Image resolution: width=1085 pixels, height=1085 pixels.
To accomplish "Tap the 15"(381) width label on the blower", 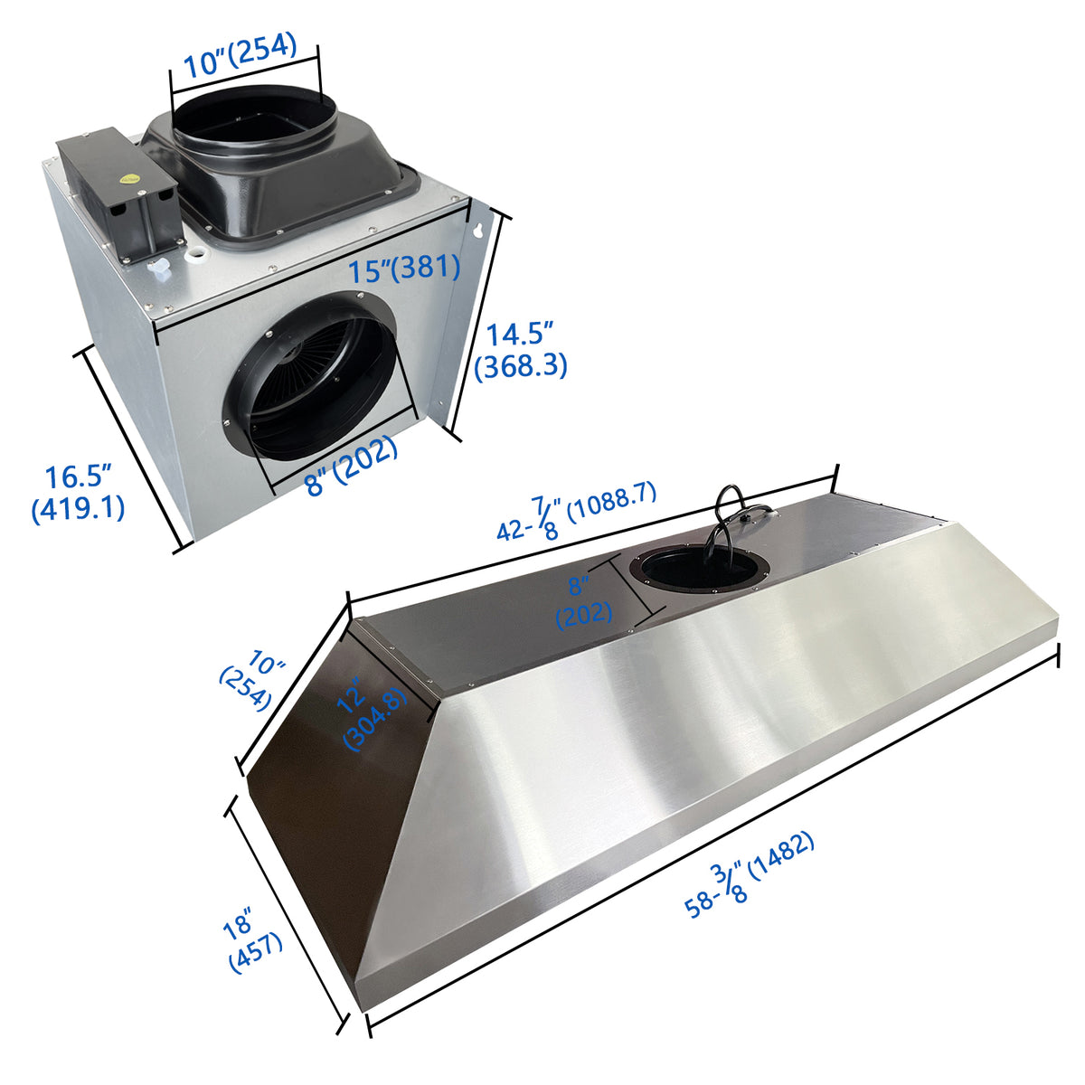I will pos(404,268).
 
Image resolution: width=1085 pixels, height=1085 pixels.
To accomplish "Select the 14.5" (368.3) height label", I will pos(520,350).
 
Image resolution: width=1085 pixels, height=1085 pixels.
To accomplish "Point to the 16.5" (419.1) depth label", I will pos(78,493).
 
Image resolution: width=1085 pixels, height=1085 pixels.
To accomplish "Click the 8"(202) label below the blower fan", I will pos(352,464).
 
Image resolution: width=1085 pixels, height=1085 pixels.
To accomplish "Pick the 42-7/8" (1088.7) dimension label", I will pos(577,512).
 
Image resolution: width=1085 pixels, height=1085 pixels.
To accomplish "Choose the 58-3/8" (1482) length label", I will pos(750,877).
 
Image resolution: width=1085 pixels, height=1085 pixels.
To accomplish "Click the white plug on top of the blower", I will pos(160,266).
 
